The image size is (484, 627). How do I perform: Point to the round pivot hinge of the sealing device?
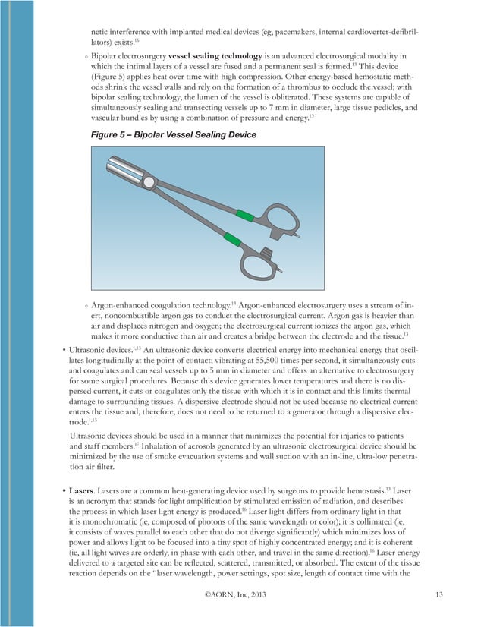tap(150, 182)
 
